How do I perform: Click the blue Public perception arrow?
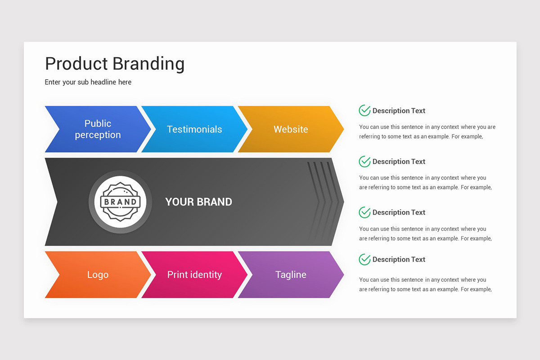pyautogui.click(x=98, y=129)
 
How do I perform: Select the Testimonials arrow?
pyautogui.click(x=194, y=129)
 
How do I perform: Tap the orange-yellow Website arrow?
pyautogui.click(x=291, y=129)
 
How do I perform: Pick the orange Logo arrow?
pyautogui.click(x=98, y=274)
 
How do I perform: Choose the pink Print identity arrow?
pyautogui.click(x=194, y=274)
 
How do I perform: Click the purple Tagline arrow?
pyautogui.click(x=291, y=274)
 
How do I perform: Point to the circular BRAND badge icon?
pyautogui.click(x=120, y=202)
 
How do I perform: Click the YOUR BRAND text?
pyautogui.click(x=198, y=202)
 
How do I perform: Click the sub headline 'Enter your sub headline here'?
pyautogui.click(x=88, y=82)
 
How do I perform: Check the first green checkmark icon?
pyautogui.click(x=364, y=110)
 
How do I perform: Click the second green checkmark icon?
pyautogui.click(x=364, y=161)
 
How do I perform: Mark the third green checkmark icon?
pyautogui.click(x=364, y=212)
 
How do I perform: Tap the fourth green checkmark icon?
pyautogui.click(x=364, y=259)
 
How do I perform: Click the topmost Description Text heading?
pyautogui.click(x=399, y=111)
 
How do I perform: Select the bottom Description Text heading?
pyautogui.click(x=399, y=260)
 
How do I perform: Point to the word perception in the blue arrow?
pyautogui.click(x=98, y=135)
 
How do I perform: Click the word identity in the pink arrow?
pyautogui.click(x=206, y=274)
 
